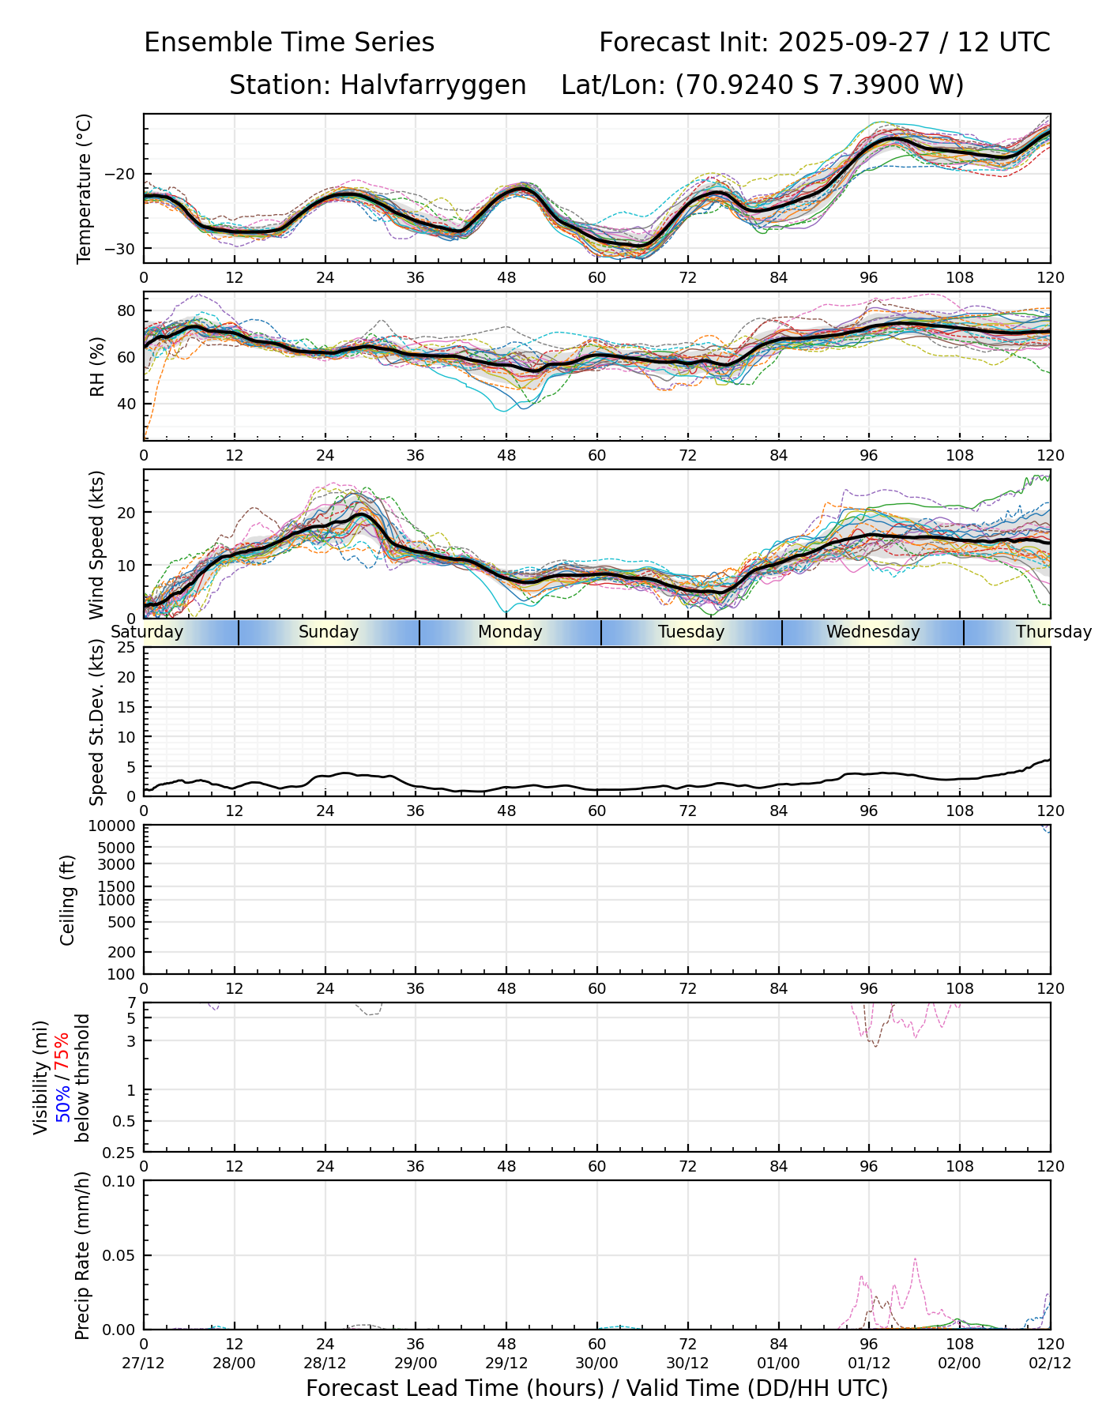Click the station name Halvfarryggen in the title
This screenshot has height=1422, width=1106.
click(x=433, y=85)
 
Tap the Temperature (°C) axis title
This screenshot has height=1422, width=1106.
click(x=85, y=188)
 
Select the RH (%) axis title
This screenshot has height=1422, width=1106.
click(x=97, y=366)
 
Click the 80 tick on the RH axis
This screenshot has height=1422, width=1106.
click(x=126, y=310)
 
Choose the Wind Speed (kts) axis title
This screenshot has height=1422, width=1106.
click(x=97, y=544)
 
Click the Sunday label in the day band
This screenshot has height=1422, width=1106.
click(x=329, y=632)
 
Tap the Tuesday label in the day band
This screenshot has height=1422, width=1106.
click(x=691, y=632)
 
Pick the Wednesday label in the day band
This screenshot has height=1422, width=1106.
click(x=873, y=632)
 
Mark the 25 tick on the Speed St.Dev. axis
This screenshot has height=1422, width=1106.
click(x=126, y=648)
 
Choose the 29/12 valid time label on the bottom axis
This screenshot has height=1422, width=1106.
click(x=506, y=1364)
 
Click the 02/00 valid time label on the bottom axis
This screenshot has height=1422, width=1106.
click(x=960, y=1364)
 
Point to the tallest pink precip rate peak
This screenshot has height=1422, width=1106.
click(x=915, y=1259)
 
